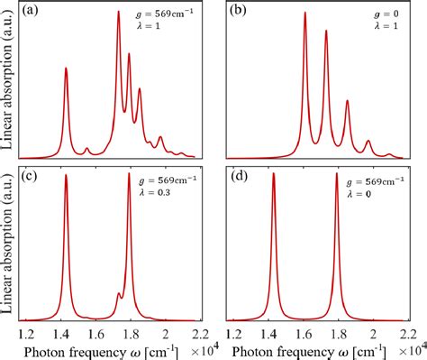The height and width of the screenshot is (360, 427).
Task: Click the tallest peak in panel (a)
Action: pos(119,13)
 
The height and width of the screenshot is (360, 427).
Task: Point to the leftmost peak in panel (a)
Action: pos(66,69)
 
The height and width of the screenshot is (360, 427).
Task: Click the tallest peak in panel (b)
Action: pos(304,14)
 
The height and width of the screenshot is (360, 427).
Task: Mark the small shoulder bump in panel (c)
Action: pos(119,294)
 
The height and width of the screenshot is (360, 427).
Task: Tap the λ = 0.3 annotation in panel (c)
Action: pos(164,192)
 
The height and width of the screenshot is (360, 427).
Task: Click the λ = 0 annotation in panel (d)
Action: pos(368,193)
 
